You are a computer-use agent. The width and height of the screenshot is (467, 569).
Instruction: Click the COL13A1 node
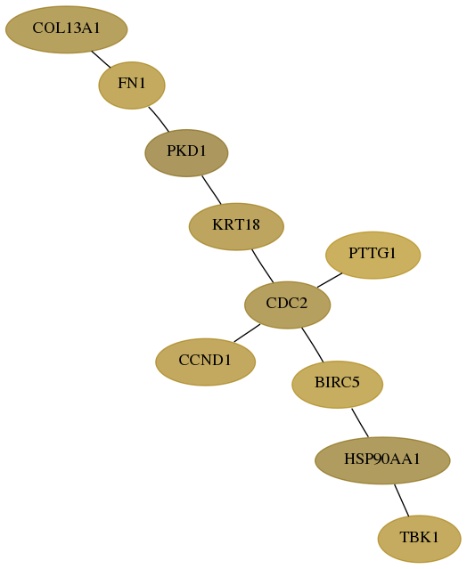pyautogui.click(x=67, y=29)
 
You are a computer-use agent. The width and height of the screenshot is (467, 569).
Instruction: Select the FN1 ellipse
pyautogui.click(x=132, y=85)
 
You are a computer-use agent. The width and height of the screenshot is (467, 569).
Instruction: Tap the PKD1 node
pyautogui.click(x=186, y=153)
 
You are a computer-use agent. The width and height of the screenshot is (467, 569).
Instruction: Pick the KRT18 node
pyautogui.click(x=236, y=226)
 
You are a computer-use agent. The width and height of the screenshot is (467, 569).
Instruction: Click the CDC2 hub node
pyautogui.click(x=287, y=305)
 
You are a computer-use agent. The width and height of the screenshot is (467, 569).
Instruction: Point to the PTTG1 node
pyautogui.click(x=373, y=255)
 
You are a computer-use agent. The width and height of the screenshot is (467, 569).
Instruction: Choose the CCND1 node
pyautogui.click(x=206, y=362)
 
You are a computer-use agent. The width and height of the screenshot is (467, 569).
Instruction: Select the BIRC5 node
pyautogui.click(x=338, y=385)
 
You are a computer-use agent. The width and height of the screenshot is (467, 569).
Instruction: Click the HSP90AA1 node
pyautogui.click(x=382, y=460)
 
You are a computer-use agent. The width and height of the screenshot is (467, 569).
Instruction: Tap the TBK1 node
pyautogui.click(x=420, y=539)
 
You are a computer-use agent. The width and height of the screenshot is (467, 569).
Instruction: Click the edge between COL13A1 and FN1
pyautogui.click(x=101, y=59)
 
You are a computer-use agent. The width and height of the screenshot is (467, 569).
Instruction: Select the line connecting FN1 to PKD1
pyautogui.click(x=159, y=118)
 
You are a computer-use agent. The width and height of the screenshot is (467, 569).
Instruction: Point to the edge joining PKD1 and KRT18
pyautogui.click(x=211, y=190)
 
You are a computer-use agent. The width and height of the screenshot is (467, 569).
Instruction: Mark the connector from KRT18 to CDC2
pyautogui.click(x=262, y=265)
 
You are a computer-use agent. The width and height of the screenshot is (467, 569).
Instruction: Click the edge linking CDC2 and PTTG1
pyautogui.click(x=330, y=280)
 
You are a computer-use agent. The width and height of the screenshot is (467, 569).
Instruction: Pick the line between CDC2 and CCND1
pyautogui.click(x=247, y=333)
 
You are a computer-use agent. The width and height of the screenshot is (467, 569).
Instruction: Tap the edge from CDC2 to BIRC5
pyautogui.click(x=312, y=345)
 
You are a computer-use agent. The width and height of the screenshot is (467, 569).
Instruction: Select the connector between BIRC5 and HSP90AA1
pyautogui.click(x=360, y=423)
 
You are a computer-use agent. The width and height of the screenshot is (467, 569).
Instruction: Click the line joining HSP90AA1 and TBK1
pyautogui.click(x=402, y=500)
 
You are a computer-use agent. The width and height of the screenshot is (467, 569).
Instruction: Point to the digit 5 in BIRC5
pyautogui.click(x=356, y=383)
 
